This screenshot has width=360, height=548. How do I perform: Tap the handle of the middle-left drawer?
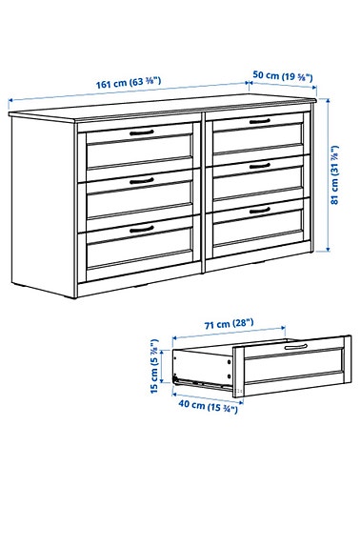142,179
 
